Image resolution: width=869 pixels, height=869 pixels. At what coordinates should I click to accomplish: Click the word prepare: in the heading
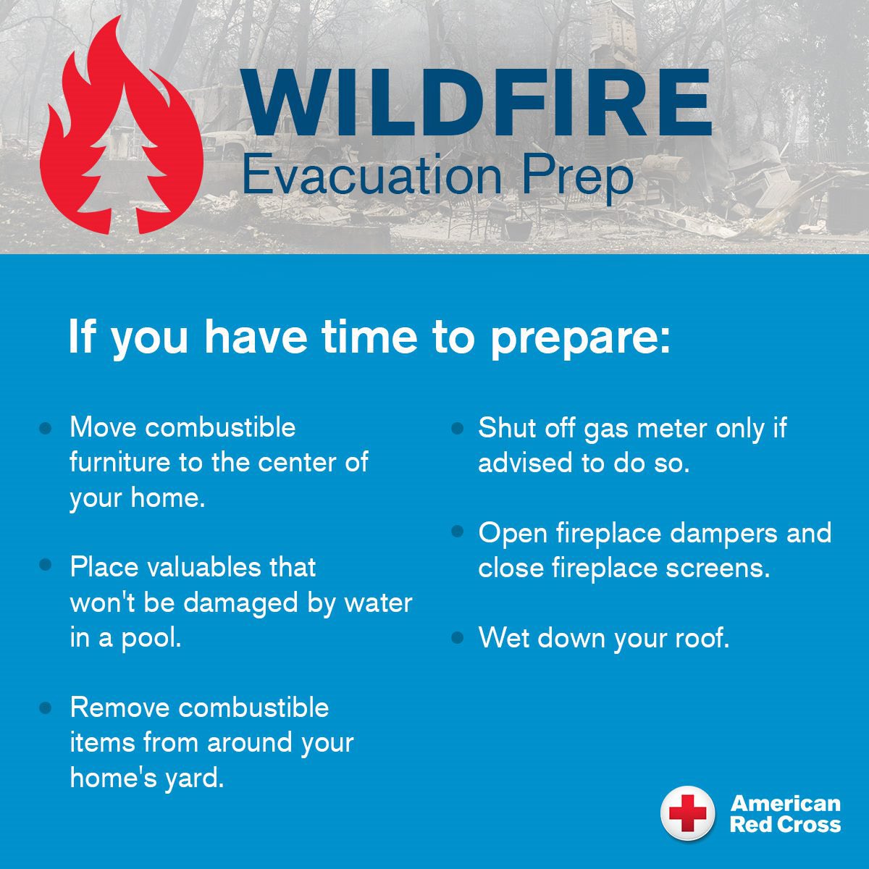[x=580, y=337]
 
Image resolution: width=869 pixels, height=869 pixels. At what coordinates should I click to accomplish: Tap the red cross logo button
[x=687, y=813]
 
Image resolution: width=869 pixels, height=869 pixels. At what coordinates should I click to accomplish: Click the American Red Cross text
[x=785, y=813]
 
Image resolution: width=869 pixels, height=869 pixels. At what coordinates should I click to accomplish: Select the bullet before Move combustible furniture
[x=46, y=429]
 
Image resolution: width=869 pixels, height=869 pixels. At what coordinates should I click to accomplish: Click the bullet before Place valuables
[x=46, y=565]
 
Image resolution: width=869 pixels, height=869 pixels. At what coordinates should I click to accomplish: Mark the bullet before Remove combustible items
[x=46, y=707]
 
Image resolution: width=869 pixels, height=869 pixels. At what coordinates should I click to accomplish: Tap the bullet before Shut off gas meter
[x=457, y=429]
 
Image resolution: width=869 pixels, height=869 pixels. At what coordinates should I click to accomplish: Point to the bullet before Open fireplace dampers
[x=457, y=532]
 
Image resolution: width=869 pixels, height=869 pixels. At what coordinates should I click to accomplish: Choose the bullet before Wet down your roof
[x=457, y=638]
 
